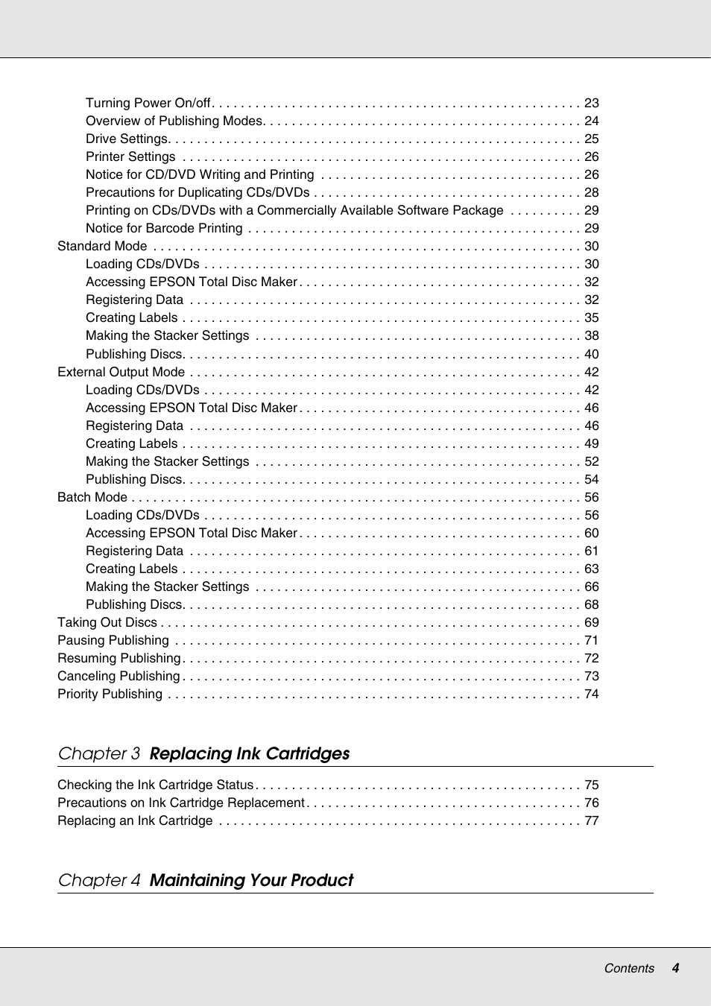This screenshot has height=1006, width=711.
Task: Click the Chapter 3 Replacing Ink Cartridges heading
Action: tap(204, 753)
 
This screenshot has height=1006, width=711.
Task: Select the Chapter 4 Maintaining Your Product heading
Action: tap(206, 880)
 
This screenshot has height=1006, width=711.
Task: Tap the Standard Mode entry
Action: tap(102, 246)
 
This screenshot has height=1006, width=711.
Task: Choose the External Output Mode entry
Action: tap(121, 372)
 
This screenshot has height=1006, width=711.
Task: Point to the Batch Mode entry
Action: tap(92, 497)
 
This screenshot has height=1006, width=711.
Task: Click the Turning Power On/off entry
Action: tap(148, 103)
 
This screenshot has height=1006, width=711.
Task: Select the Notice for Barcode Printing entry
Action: tap(164, 228)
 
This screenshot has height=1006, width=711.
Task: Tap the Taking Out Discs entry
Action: tap(107, 622)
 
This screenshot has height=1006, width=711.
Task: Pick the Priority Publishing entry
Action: tap(110, 694)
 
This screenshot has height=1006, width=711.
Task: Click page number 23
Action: tap(592, 103)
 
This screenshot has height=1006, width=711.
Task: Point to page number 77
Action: tap(592, 820)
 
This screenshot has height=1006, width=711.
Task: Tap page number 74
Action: tap(592, 694)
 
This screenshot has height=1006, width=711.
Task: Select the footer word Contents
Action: tap(629, 968)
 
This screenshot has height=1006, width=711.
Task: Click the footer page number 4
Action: tap(675, 968)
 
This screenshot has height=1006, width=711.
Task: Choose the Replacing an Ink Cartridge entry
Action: tap(135, 820)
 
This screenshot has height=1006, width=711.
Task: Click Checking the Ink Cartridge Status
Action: tap(155, 785)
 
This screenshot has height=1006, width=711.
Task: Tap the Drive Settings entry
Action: tap(127, 139)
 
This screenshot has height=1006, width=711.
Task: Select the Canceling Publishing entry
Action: tap(118, 676)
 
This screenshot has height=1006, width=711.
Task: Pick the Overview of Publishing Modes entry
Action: tap(174, 121)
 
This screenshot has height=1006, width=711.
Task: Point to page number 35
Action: tap(592, 317)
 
